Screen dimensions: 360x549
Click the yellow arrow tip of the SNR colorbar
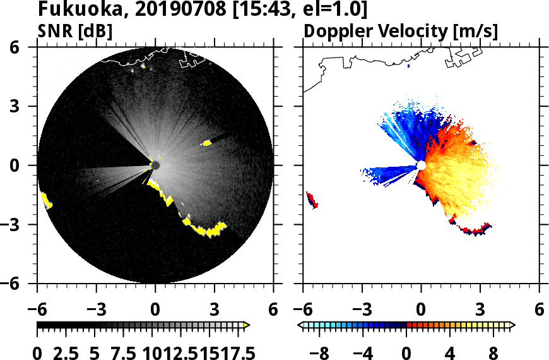click(247, 325)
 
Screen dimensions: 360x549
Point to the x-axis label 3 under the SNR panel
click(215, 310)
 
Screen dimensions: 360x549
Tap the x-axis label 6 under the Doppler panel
click(539, 310)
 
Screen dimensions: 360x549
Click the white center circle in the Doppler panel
click(421, 165)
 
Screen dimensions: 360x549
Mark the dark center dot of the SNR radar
click(155, 165)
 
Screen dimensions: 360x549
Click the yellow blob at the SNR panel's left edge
click(46, 201)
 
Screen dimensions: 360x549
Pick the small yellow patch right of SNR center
click(206, 143)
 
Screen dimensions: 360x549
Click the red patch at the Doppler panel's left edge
click(312, 200)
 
